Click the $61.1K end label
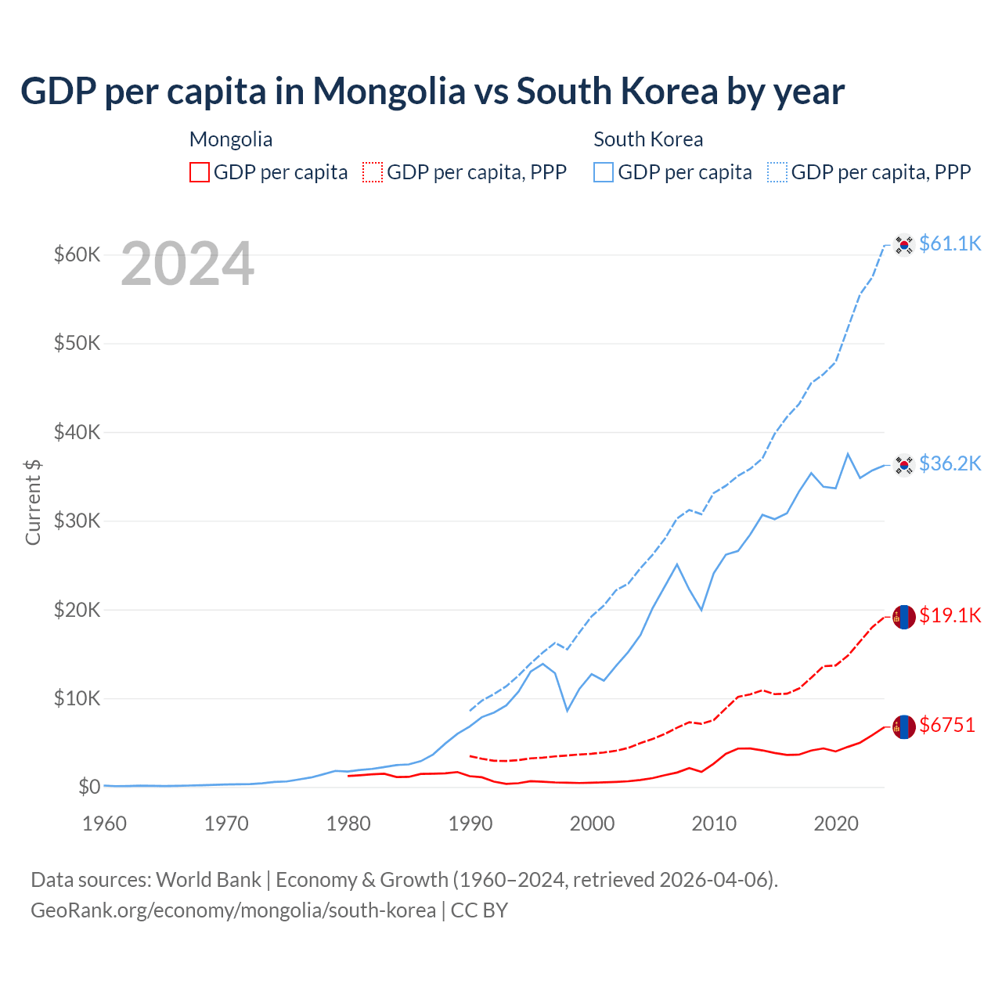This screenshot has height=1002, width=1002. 950,243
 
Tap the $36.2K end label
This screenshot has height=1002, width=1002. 950,463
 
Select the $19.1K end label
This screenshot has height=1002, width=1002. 950,615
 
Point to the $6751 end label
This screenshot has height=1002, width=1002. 947,725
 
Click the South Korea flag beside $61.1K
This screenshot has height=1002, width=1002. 904,245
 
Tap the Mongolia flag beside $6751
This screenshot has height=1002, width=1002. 904,726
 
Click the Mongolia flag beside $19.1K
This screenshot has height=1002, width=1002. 904,617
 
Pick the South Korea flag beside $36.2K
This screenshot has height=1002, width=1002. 904,465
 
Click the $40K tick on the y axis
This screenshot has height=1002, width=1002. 77,432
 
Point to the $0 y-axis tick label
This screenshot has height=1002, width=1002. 89,787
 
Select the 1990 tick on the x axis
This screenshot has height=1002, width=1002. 470,824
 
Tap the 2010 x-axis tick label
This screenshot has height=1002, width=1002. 714,824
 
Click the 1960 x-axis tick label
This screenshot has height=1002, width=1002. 105,824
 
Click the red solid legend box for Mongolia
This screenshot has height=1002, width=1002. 200,172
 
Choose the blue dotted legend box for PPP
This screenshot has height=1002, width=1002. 777,172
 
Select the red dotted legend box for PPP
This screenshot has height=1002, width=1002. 373,172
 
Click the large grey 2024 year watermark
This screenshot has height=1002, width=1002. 188,264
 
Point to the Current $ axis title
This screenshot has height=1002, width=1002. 33,502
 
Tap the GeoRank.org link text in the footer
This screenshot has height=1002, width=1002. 233,910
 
